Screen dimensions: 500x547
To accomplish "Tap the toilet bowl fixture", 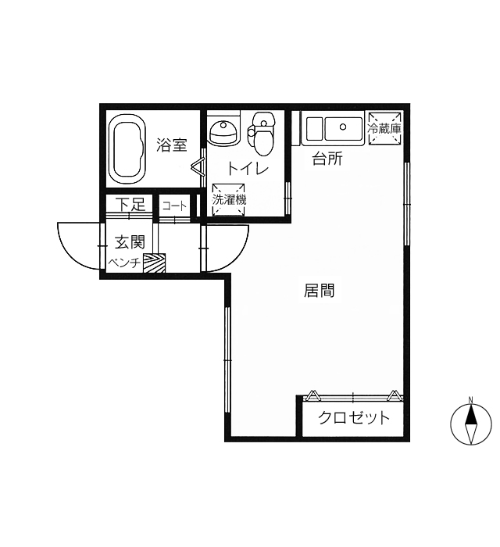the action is (262, 134).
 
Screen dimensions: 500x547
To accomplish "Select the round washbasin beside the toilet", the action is (224, 133).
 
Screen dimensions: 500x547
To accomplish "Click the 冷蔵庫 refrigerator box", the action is (384, 128).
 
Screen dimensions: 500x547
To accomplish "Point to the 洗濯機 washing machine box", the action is (229, 199).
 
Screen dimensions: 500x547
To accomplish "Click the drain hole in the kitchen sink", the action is (343, 127).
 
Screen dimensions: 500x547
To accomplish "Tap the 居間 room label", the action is (319, 291).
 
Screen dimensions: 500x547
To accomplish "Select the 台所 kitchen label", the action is (327, 159).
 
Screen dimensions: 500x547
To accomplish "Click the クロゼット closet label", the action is (354, 417).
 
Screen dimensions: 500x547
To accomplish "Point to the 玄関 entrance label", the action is (130, 241).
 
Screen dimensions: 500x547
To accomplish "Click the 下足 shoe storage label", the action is (130, 204).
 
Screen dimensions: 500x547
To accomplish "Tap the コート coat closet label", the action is (174, 206).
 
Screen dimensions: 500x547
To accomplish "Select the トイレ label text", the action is (248, 169).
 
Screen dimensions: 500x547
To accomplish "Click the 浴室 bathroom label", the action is (172, 145).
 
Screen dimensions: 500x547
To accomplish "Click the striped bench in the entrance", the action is (154, 263).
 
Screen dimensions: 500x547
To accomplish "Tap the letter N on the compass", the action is (471, 400).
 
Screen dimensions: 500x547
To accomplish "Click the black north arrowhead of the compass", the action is (471, 415).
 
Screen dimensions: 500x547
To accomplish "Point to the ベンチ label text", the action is (124, 263).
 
